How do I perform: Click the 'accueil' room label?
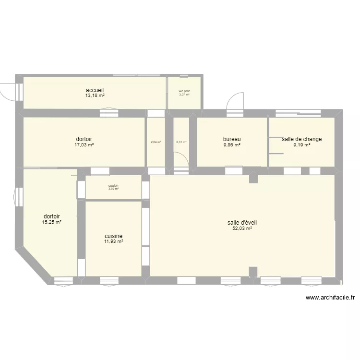click(95, 90)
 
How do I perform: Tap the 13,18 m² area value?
click(95, 96)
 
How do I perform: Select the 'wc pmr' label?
click(184, 91)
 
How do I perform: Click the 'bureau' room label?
click(232, 139)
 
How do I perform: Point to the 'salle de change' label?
click(301, 139)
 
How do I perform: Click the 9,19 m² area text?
click(301, 144)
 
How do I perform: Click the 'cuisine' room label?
click(113, 236)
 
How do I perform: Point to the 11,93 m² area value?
click(113, 242)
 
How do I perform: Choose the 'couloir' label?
click(113, 186)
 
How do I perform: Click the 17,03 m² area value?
click(84, 144)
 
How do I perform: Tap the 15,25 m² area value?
click(52, 222)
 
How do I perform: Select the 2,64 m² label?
click(156, 142)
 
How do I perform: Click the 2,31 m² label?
click(181, 142)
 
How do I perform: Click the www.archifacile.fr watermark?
click(330, 298)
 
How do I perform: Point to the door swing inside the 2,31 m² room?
click(180, 159)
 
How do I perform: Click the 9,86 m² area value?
click(232, 144)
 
